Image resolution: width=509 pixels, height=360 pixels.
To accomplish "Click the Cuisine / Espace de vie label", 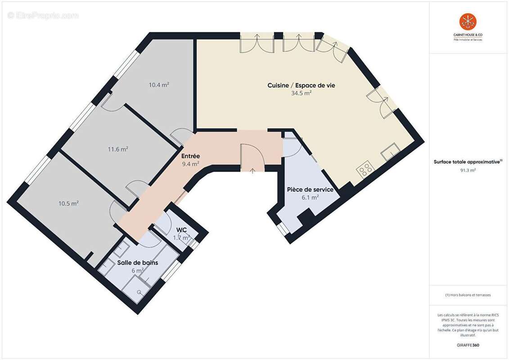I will [301, 85].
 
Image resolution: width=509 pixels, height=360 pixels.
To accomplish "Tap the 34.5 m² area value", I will [301, 93].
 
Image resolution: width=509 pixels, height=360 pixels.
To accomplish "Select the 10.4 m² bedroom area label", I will [159, 84].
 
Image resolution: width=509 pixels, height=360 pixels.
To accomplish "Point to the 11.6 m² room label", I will [118, 149].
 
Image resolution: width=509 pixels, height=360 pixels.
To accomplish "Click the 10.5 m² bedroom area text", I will [68, 203].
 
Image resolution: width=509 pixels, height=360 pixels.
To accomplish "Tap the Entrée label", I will [190, 156].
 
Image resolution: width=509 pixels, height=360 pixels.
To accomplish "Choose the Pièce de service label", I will [310, 189].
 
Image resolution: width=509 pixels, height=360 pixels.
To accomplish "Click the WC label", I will [181, 230].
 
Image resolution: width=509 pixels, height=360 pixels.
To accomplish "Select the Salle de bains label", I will [138, 262].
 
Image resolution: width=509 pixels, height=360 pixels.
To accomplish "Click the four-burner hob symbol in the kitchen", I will [365, 169].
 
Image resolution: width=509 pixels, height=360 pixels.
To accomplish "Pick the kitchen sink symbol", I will [390, 152].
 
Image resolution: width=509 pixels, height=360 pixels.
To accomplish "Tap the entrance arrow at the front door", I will [252, 171].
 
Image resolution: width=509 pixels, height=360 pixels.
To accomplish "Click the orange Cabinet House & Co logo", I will [468, 22].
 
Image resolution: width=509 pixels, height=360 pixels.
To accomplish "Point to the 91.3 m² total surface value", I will [468, 170].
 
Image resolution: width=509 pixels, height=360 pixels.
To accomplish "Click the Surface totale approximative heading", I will [468, 162].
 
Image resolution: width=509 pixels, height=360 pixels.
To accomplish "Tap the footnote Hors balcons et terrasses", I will [468, 295].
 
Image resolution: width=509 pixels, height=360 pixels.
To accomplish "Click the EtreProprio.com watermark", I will [43, 15].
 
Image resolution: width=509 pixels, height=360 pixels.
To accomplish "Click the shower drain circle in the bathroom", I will [140, 292].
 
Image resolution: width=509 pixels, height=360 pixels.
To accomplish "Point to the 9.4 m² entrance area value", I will [190, 164].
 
